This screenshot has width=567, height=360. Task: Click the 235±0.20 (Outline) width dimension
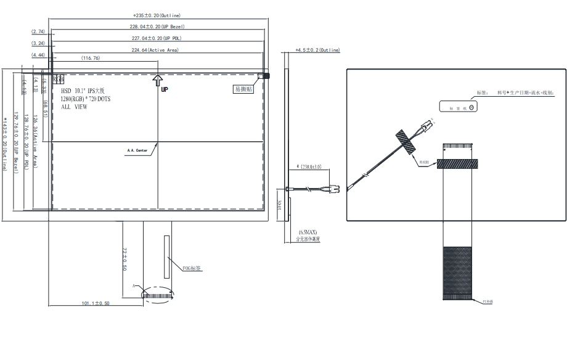point(157,15)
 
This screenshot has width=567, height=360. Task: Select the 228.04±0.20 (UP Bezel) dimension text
point(158,27)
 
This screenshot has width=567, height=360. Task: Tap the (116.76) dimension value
point(90,58)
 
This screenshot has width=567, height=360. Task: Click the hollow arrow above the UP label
point(158,80)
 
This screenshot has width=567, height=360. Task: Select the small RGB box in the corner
point(58,79)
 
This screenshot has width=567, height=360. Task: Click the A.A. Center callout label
point(137,149)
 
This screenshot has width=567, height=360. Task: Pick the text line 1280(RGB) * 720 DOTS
point(86,99)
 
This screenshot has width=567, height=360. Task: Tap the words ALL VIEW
point(74,107)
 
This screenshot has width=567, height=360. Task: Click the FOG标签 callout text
point(192,268)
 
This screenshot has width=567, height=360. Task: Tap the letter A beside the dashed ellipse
point(133,286)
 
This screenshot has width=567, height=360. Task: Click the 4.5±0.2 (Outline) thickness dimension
point(317,50)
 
